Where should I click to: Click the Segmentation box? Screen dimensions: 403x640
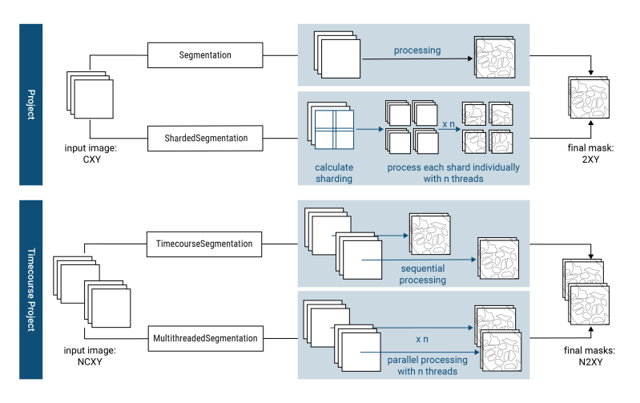205,55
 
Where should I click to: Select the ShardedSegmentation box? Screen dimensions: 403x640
205,139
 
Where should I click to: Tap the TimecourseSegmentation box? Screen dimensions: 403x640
204,244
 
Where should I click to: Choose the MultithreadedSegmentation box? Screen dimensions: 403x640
205,338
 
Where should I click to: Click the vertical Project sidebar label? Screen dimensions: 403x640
30,104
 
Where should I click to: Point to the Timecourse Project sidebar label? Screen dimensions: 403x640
30,289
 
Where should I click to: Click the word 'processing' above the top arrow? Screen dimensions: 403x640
417,50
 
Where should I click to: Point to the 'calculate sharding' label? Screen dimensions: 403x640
333,173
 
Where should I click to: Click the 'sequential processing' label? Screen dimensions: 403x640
423,275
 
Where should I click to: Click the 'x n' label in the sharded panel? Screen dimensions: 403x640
450,125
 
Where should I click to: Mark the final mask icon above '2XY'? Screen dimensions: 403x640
590,100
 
